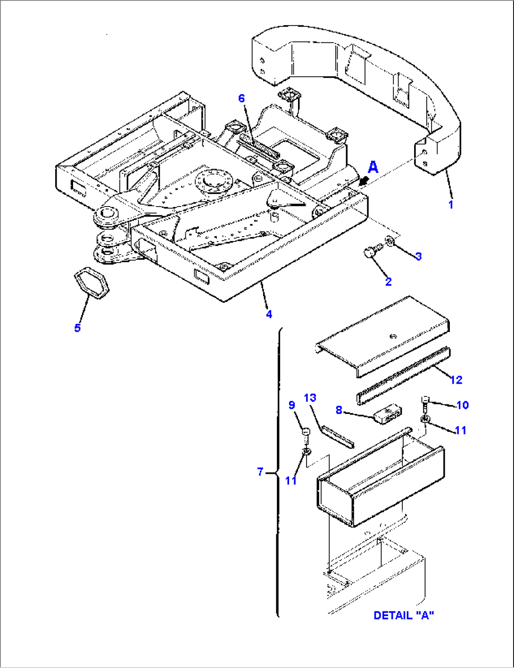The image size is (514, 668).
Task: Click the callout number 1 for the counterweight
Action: [x=451, y=205]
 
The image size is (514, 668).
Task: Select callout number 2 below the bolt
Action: [x=388, y=282]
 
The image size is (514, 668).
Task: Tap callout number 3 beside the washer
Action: [x=418, y=256]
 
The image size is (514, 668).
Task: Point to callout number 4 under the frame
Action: [x=269, y=314]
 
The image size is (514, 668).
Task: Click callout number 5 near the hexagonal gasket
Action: [x=78, y=328]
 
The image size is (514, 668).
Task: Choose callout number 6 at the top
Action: [x=241, y=98]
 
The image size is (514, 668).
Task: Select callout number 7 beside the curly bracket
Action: [x=260, y=471]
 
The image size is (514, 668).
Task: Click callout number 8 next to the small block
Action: [x=339, y=410]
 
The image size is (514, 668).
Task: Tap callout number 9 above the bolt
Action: [x=292, y=405]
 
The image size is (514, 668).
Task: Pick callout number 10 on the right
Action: [x=463, y=405]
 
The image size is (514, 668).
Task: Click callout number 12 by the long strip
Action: [x=456, y=379]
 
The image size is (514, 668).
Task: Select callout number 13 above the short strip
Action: [x=310, y=398]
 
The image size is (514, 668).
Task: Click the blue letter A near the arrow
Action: [x=373, y=167]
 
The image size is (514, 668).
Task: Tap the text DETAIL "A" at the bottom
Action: [x=404, y=615]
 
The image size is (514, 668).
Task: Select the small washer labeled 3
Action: [x=390, y=241]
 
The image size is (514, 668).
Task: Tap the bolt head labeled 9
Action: [x=305, y=432]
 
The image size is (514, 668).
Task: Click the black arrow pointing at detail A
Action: [x=363, y=181]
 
